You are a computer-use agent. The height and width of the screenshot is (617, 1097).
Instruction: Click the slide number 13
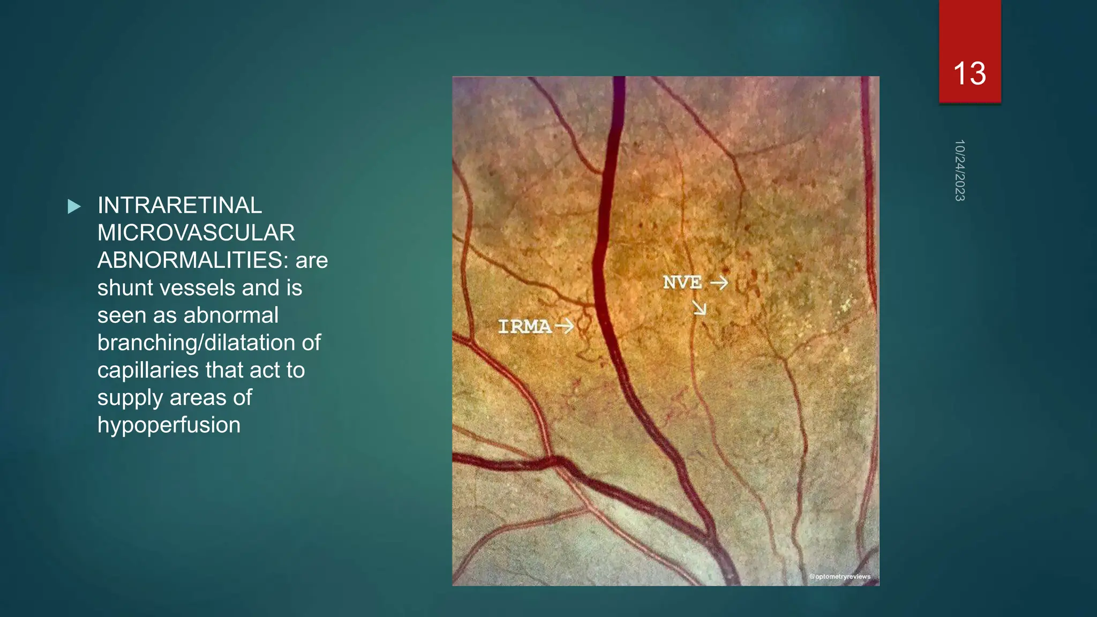click(x=970, y=73)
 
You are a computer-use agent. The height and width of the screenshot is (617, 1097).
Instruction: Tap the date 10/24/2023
click(x=959, y=170)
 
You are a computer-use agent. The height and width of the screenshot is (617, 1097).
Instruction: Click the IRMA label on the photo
click(x=524, y=326)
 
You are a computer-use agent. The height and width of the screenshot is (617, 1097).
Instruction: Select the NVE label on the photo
click(x=682, y=282)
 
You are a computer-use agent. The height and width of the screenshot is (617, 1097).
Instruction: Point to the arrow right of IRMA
click(x=565, y=326)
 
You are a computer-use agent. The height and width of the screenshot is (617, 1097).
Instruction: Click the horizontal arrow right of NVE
click(x=719, y=282)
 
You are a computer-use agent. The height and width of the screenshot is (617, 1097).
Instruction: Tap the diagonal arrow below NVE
click(x=700, y=307)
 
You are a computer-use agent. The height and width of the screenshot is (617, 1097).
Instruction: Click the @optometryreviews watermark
click(x=839, y=576)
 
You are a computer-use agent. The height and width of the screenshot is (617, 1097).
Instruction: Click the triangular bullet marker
click(x=74, y=206)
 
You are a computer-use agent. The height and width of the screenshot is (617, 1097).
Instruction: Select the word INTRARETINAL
click(x=179, y=205)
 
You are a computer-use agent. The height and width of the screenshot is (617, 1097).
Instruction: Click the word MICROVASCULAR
click(x=196, y=232)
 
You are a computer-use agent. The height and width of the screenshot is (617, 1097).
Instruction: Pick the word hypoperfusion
click(x=169, y=425)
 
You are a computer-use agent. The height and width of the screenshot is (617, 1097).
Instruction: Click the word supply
click(x=130, y=398)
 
